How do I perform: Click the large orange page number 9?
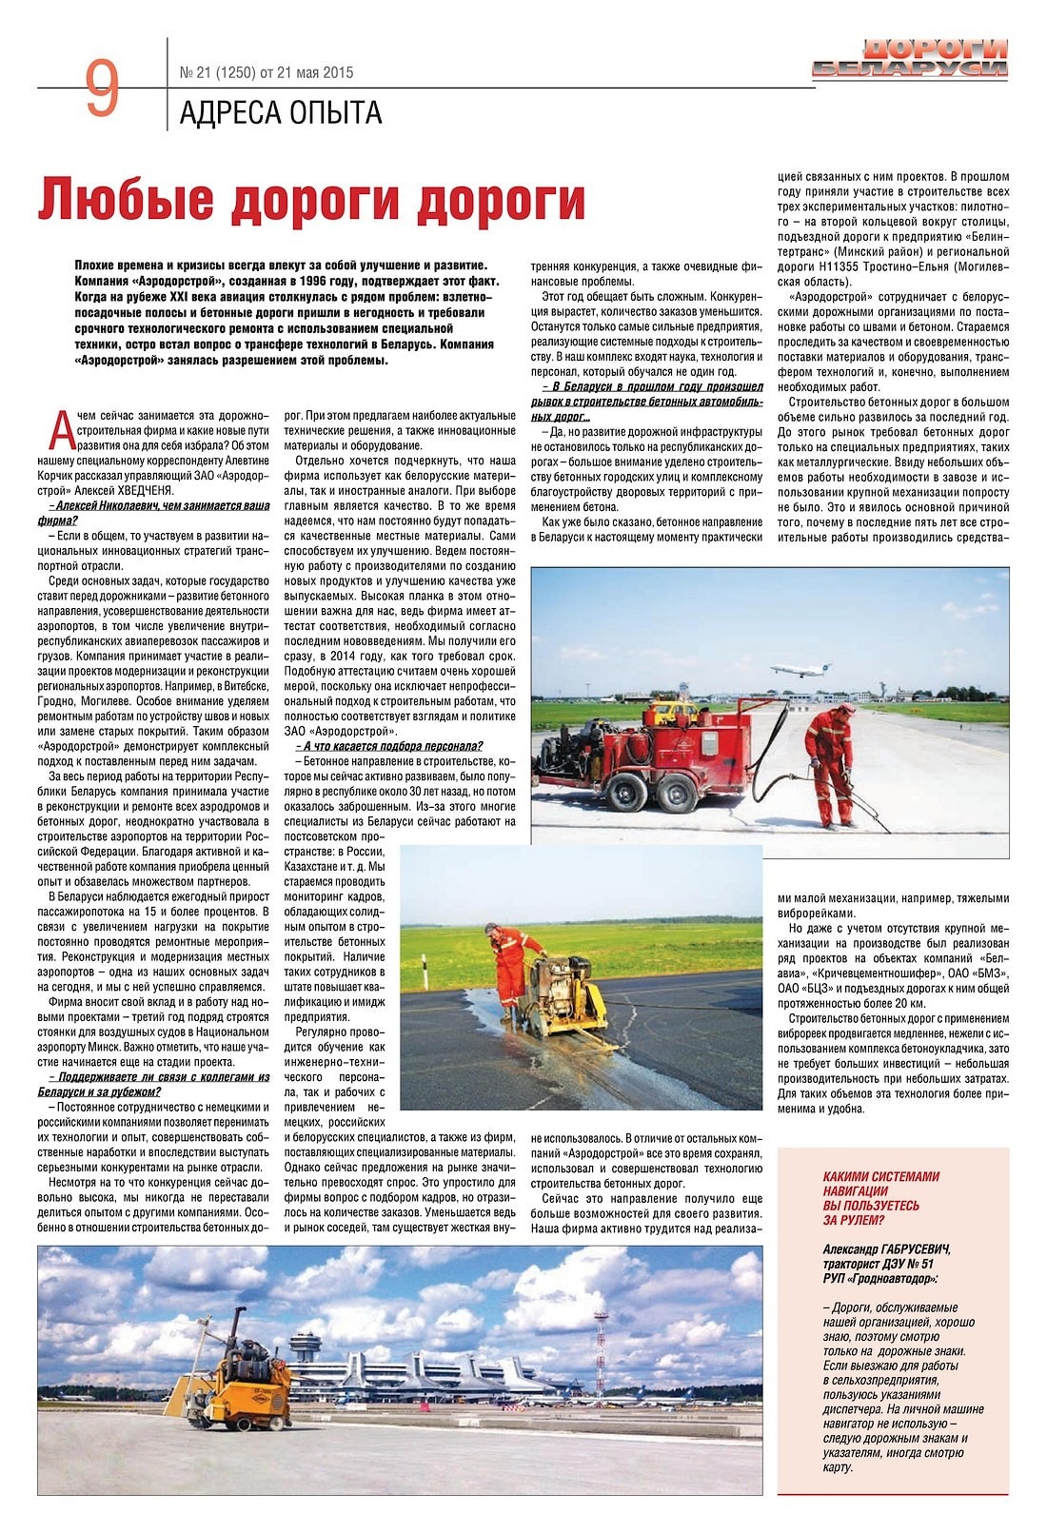click(x=102, y=88)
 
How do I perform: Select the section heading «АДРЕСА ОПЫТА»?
click(x=281, y=113)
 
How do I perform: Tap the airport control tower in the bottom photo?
click(x=306, y=1351)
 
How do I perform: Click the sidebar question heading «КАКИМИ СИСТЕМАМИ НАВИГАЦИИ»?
click(x=880, y=1198)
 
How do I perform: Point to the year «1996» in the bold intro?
click(x=305, y=282)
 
